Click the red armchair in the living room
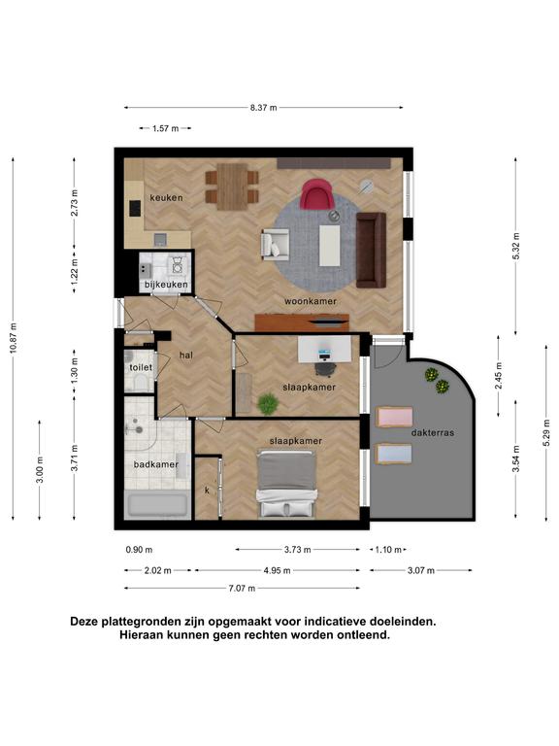[315, 193]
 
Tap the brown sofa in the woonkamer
[372, 250]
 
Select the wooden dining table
[232, 186]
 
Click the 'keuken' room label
[166, 197]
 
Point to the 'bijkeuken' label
[166, 285]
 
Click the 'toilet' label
[141, 367]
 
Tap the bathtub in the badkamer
[157, 506]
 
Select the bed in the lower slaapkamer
[286, 484]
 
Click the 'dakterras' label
[433, 433]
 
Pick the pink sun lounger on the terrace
[394, 418]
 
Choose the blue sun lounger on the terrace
[394, 454]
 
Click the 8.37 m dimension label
[263, 108]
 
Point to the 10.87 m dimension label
[14, 337]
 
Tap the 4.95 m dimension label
[278, 570]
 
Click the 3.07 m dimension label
[421, 570]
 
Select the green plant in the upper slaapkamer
[268, 404]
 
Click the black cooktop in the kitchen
[136, 208]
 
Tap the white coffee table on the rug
[329, 246]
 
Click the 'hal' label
[186, 356]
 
